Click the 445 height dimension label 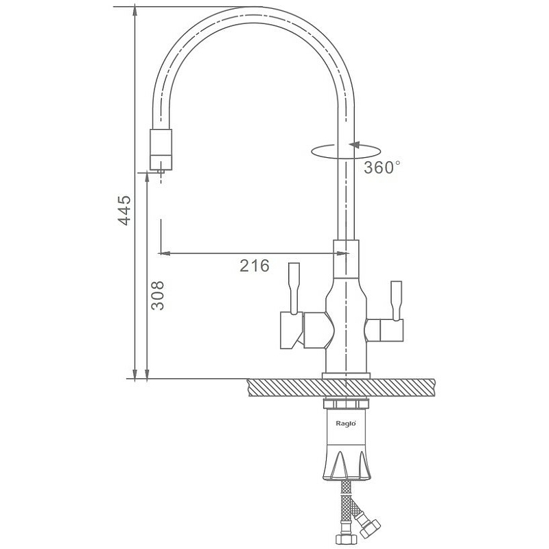point(124,210)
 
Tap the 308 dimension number point(157,296)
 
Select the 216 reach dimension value point(255,266)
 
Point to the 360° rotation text point(382,167)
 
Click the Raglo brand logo point(346,423)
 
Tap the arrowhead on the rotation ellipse point(354,145)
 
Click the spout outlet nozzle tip point(161,171)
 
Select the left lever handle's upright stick point(294,288)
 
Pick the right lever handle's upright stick point(397,301)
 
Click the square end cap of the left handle point(291,331)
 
